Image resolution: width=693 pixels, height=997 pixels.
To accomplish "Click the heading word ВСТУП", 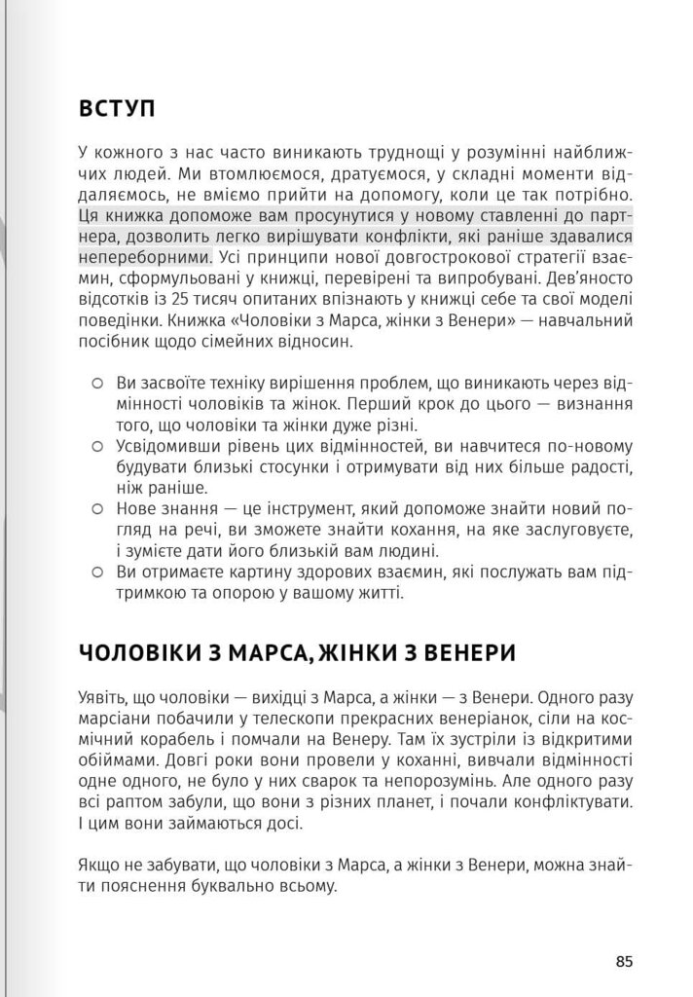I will click(116, 109).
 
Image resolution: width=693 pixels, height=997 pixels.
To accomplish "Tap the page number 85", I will click(624, 961).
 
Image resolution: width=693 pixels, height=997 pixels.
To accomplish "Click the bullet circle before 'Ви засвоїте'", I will click(96, 383).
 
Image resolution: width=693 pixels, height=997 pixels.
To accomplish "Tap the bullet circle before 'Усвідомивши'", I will click(96, 446).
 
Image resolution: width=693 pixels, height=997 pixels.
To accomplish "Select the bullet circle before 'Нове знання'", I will click(96, 508).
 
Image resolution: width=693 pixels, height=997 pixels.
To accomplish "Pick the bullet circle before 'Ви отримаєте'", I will click(96, 572).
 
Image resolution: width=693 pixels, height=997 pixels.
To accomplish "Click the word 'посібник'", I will click(108, 343).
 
